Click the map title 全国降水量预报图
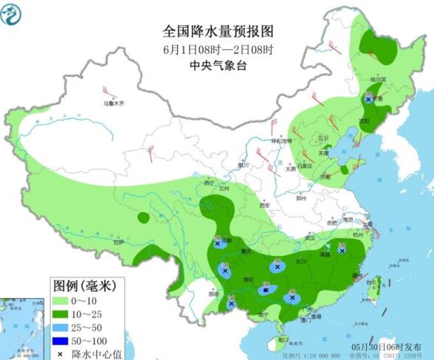pos(218,32)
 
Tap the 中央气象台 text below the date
pos(218,66)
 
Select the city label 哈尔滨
pos(377,79)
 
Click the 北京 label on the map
pos(322,137)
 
